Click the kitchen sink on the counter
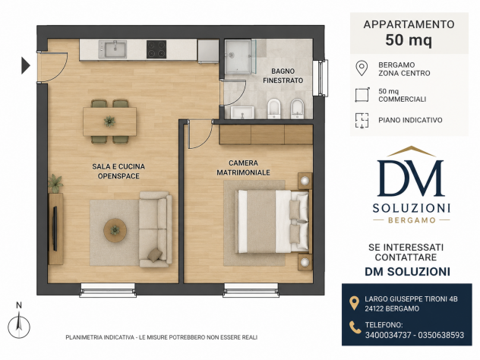coord(112,49)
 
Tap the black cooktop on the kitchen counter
coord(156,49)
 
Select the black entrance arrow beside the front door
coord(26,65)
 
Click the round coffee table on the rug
coord(115,230)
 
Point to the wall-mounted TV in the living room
coord(55,229)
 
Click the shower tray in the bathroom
coord(238,57)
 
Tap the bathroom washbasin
coord(242,112)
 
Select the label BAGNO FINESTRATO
coord(283,76)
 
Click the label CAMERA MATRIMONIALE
coord(243,168)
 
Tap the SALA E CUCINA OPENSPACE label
coord(118,171)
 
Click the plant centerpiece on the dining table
coord(109,122)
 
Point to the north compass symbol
coord(19,324)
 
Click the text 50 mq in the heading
coord(409,40)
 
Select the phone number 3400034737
coord(388,335)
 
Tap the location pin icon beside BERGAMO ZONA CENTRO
coord(362,68)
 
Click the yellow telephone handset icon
coord(355,327)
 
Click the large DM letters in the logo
coord(411,178)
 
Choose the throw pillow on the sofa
coord(155,255)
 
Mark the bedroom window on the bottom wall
coord(251,290)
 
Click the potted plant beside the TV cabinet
coord(55,183)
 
